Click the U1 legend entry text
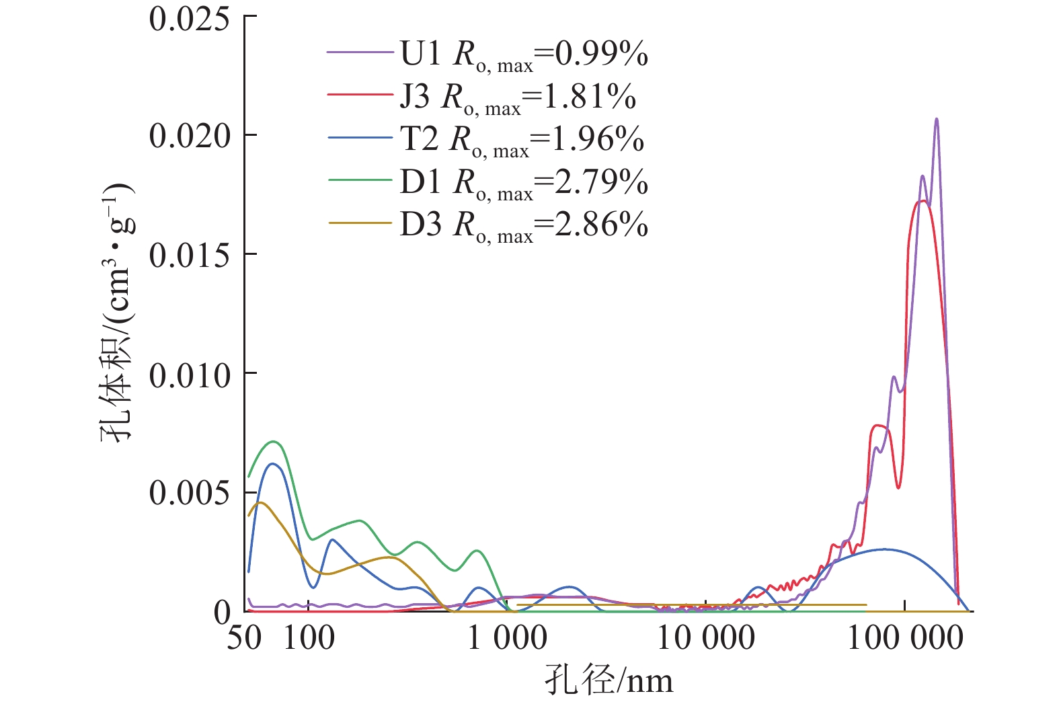524,54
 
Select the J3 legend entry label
518,97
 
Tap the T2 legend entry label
522,140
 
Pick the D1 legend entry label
524,183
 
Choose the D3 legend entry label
524,225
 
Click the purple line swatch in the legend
360,52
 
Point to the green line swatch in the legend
360,180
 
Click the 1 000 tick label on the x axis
507,637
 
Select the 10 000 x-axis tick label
705,637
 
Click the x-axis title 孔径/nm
609,680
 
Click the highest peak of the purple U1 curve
937,119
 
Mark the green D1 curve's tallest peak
274,442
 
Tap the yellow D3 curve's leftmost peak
261,502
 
